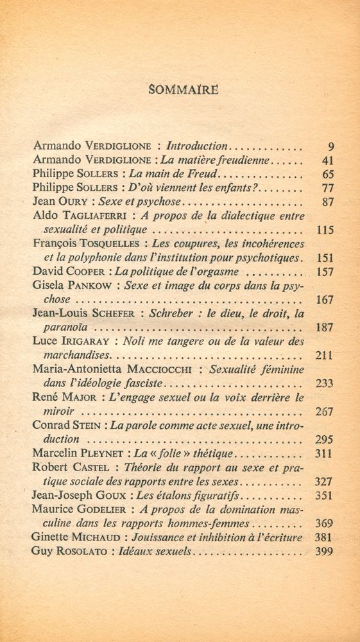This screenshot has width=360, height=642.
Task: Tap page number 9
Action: point(330,146)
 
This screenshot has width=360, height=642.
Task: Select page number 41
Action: point(327,160)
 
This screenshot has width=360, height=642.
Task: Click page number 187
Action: point(325,327)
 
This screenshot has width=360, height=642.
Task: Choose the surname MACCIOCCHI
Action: point(158,370)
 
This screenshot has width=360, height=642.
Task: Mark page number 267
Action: point(325,412)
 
